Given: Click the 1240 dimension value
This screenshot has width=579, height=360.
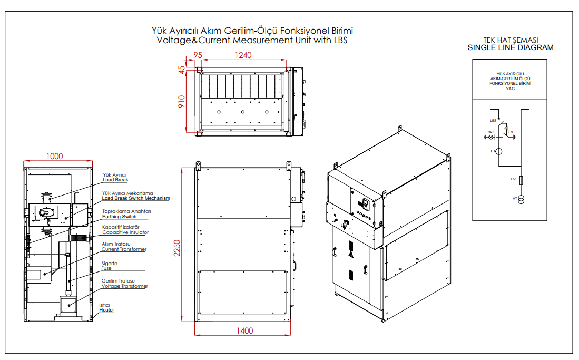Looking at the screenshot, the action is tap(243, 55).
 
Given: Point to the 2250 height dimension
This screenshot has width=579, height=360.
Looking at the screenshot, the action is tap(177, 248).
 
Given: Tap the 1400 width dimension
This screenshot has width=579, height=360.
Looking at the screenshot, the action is tap(245, 331).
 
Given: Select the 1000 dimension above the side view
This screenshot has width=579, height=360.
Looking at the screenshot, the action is tap(54, 157).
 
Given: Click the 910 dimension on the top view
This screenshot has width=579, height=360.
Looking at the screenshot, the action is tap(182, 102).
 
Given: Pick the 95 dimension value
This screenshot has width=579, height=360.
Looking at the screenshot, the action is tap(198, 55).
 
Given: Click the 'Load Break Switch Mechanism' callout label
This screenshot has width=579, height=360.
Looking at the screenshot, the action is tap(136, 199).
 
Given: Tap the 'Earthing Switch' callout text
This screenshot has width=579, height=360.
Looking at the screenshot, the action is tap(119, 217).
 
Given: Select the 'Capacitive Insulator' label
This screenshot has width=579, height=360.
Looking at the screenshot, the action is tap(125, 232).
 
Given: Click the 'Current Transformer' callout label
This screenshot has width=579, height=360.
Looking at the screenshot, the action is tap(124, 249).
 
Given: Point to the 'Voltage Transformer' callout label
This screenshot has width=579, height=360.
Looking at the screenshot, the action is tap(125, 286).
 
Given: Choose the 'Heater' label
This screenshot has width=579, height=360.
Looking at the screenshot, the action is tap(106, 310).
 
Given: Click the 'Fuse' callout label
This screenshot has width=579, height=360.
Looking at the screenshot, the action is tap(106, 268).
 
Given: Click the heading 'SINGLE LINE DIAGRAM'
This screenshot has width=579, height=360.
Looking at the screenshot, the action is tap(511, 47).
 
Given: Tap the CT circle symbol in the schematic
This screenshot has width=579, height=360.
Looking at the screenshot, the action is tap(499, 152).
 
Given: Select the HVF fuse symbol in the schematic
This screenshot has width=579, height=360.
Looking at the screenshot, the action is tap(521, 180).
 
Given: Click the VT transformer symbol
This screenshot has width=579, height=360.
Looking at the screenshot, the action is tap(521, 200).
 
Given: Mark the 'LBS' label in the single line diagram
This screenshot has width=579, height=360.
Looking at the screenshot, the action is tap(493, 121).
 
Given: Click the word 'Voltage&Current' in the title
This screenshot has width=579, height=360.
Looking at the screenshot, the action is tap(193, 40).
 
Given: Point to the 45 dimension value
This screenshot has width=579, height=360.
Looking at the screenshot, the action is tap(182, 70).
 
